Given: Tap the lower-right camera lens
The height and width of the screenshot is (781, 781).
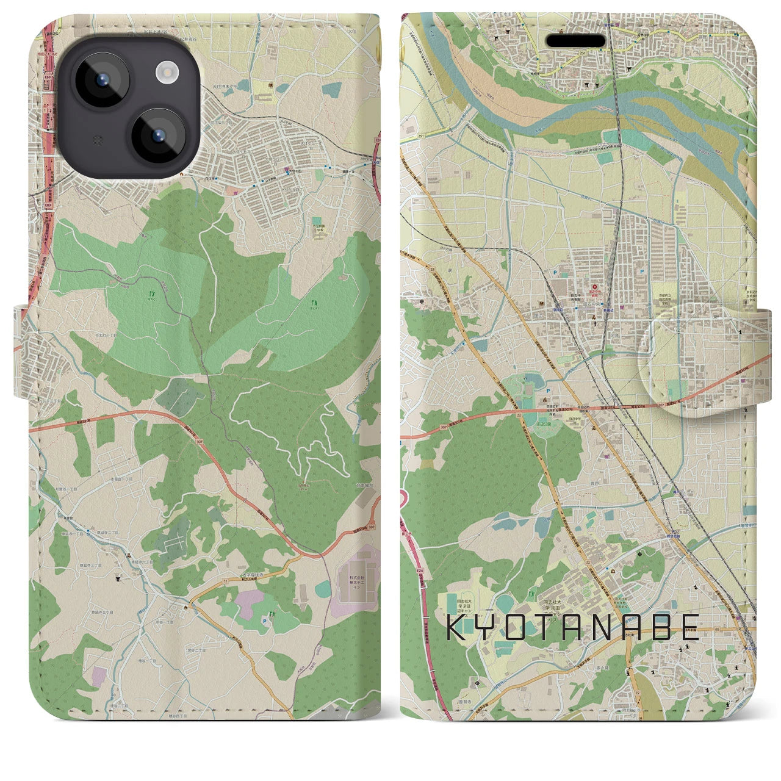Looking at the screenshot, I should pos(157,135).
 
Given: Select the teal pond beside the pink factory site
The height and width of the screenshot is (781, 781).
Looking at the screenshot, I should pos(323,589).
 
